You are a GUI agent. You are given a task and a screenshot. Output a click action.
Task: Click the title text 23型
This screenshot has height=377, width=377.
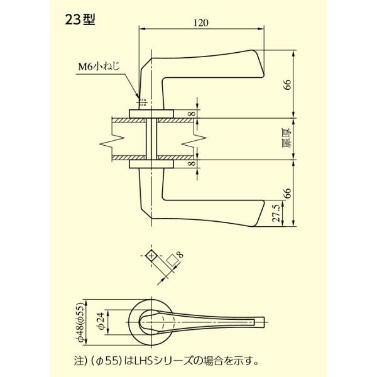[79, 19]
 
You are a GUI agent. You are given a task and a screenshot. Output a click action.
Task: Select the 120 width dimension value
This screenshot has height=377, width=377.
[201, 23]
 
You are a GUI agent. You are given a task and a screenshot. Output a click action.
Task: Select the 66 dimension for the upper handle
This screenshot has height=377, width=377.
[288, 85]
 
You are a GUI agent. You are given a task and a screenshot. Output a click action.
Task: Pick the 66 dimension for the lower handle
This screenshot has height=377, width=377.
[288, 192]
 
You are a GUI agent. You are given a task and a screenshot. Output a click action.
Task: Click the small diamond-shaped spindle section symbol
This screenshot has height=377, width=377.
[150, 255]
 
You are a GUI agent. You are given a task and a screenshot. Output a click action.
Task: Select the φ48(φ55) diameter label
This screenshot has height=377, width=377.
[80, 323]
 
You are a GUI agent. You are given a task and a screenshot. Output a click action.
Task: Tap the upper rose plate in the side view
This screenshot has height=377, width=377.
[151, 113]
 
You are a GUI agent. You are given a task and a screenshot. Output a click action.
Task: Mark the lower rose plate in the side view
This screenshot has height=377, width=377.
[151, 164]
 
